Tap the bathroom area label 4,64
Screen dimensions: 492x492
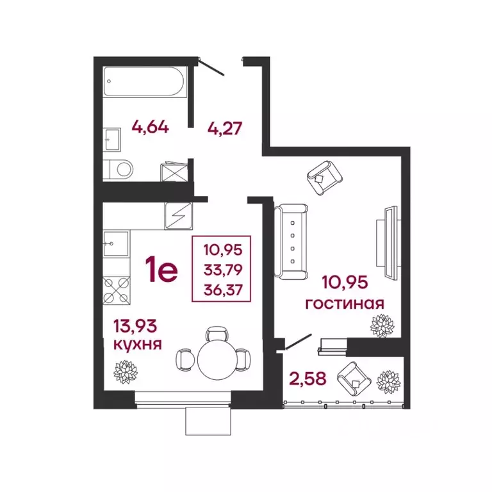point(150,126)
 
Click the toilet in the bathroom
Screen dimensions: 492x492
point(119,169)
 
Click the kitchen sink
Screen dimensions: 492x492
point(116,243)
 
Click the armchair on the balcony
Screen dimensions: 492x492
point(353,379)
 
